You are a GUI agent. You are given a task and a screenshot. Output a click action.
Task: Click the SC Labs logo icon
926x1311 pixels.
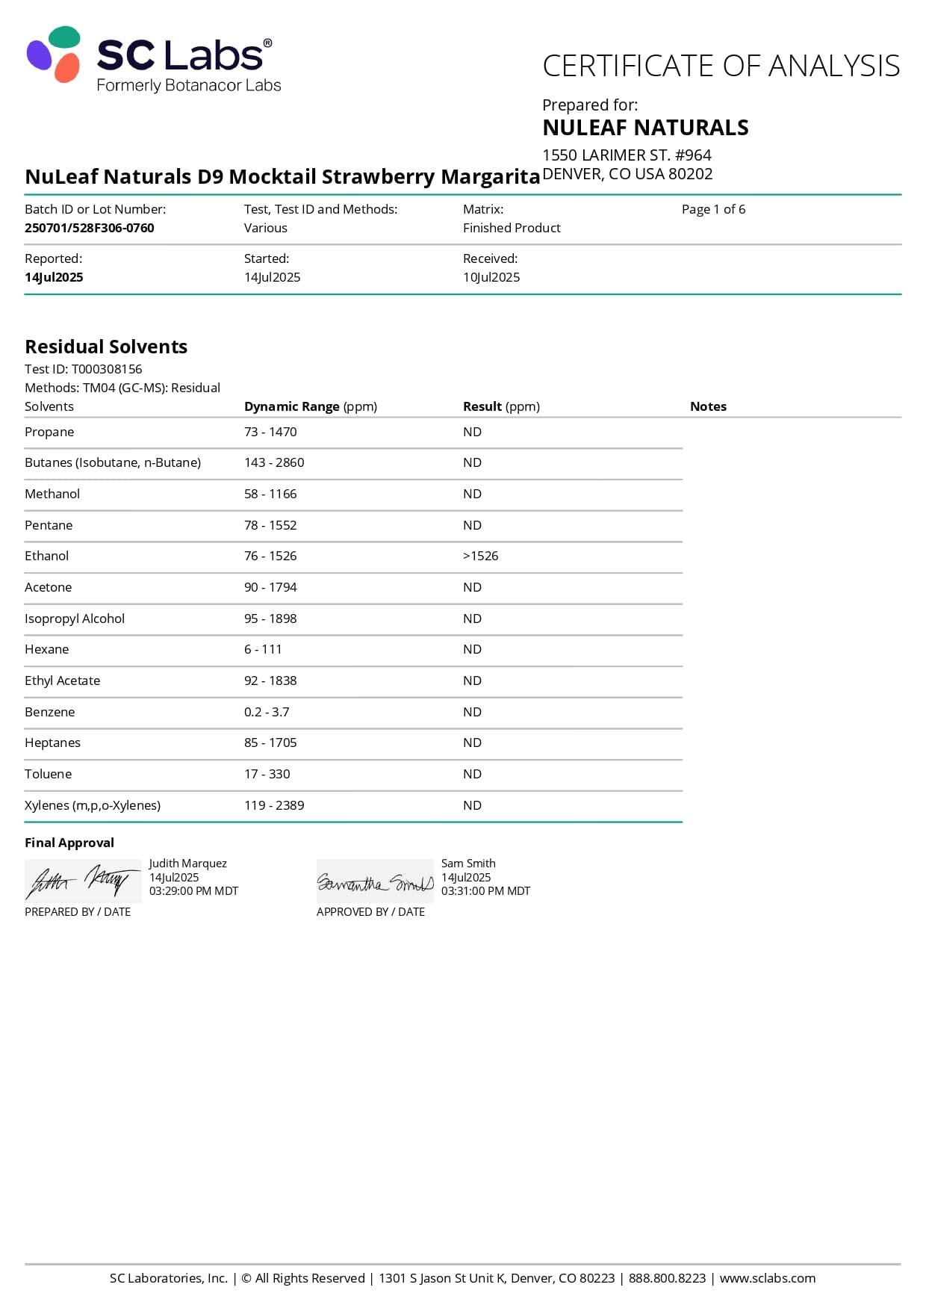tap(53, 55)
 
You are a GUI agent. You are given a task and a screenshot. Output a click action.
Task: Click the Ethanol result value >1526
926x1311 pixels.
tap(480, 556)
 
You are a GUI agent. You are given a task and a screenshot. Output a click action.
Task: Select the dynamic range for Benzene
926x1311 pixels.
tap(267, 712)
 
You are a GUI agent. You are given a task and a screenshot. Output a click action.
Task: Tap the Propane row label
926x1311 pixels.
tap(49, 432)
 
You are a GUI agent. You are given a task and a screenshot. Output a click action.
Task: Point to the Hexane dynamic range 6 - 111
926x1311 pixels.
tap(263, 649)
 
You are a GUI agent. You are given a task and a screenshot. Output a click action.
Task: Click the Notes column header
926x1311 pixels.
tap(708, 406)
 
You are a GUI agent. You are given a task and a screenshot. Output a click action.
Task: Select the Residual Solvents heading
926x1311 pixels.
tap(106, 347)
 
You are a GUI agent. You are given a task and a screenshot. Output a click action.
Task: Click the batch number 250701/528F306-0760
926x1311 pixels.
tap(90, 228)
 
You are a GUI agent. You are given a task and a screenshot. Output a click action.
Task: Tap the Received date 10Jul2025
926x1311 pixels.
tap(491, 277)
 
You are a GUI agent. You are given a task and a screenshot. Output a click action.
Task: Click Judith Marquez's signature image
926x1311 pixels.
tap(82, 881)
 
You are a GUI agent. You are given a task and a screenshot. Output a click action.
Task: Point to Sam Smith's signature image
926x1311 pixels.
tap(375, 882)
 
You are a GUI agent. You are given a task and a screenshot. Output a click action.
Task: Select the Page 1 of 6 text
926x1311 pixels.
tap(713, 209)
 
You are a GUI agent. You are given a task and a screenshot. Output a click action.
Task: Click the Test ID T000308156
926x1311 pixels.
tap(106, 369)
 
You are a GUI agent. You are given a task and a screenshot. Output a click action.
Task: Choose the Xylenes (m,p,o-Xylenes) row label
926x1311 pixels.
tap(93, 805)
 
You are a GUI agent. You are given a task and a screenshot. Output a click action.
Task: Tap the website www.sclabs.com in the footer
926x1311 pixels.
tap(767, 1278)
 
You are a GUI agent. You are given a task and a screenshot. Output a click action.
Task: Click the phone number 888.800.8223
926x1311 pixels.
tap(667, 1278)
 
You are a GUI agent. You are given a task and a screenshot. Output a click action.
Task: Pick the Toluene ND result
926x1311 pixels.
tap(472, 774)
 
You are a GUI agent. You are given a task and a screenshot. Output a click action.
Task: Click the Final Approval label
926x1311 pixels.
tap(69, 843)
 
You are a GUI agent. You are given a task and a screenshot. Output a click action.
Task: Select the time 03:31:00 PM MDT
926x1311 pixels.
tap(485, 891)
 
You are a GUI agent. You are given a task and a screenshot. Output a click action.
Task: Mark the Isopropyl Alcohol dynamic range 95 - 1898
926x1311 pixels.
tap(270, 619)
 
